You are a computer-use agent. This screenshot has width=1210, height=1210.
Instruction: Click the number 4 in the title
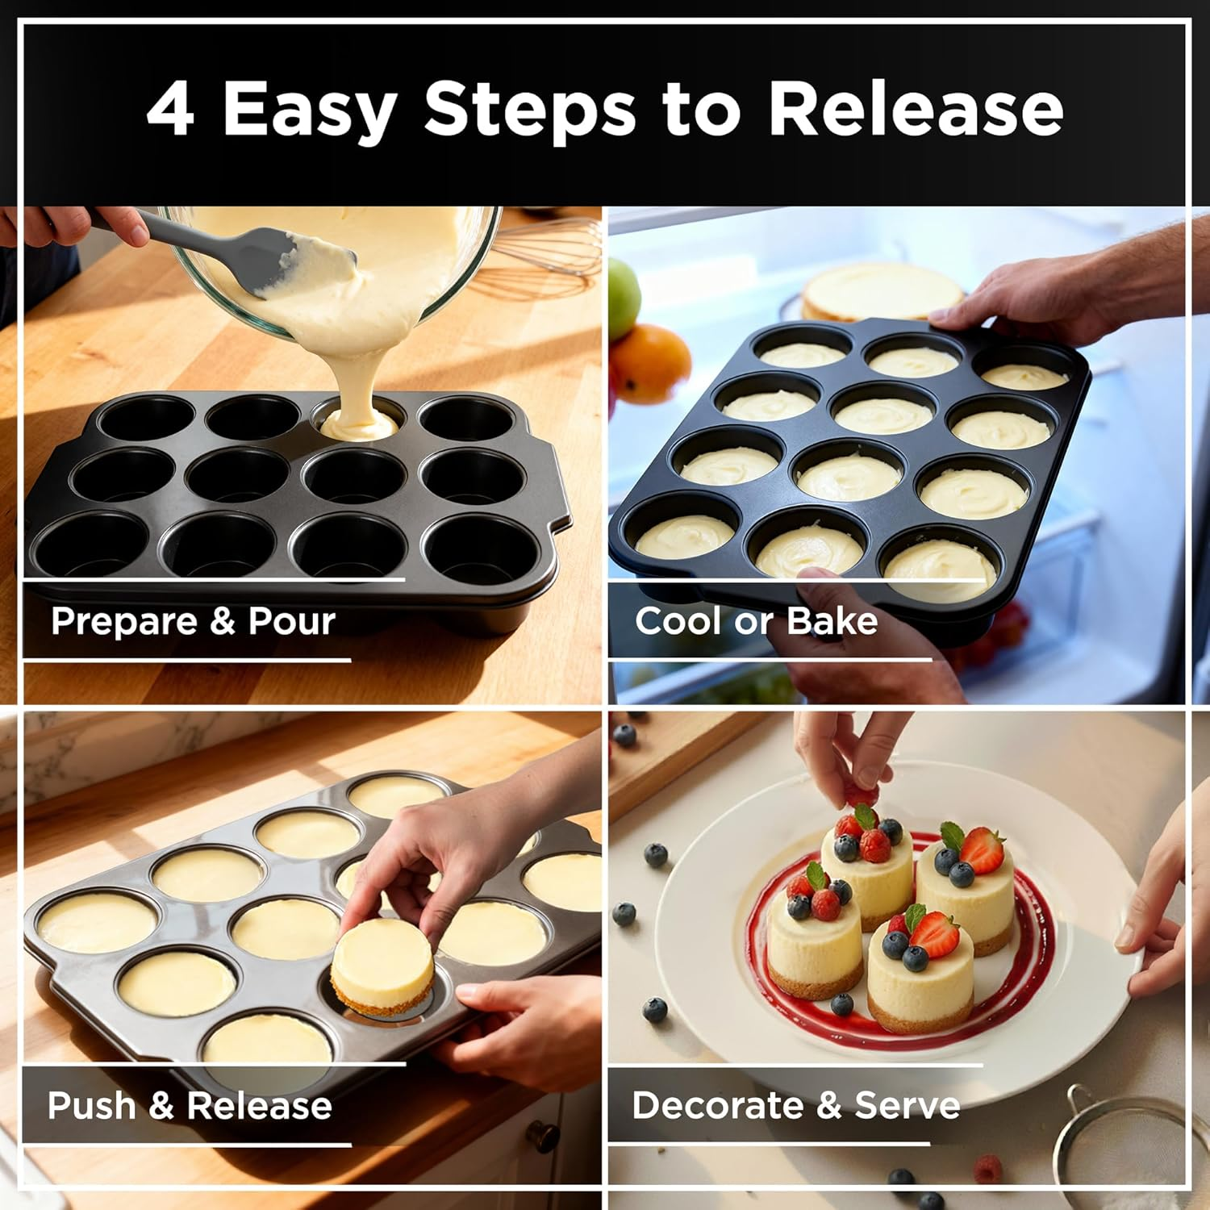pyautogui.click(x=170, y=109)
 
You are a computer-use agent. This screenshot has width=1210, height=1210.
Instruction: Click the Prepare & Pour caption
pyautogui.click(x=193, y=621)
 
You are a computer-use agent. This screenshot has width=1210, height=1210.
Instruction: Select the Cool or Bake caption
pyautogui.click(x=756, y=621)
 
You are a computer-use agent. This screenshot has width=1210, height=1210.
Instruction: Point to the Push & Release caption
pyautogui.click(x=190, y=1105)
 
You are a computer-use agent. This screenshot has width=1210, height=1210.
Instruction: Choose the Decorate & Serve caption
pyautogui.click(x=795, y=1105)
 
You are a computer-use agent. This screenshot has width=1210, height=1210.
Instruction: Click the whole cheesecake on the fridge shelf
pyautogui.click(x=879, y=290)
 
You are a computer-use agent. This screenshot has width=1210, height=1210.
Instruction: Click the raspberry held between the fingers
pyautogui.click(x=861, y=794)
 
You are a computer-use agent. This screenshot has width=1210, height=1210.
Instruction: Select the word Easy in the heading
pyautogui.click(x=308, y=109)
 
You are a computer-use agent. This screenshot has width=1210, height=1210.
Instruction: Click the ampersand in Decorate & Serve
pyautogui.click(x=828, y=1105)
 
